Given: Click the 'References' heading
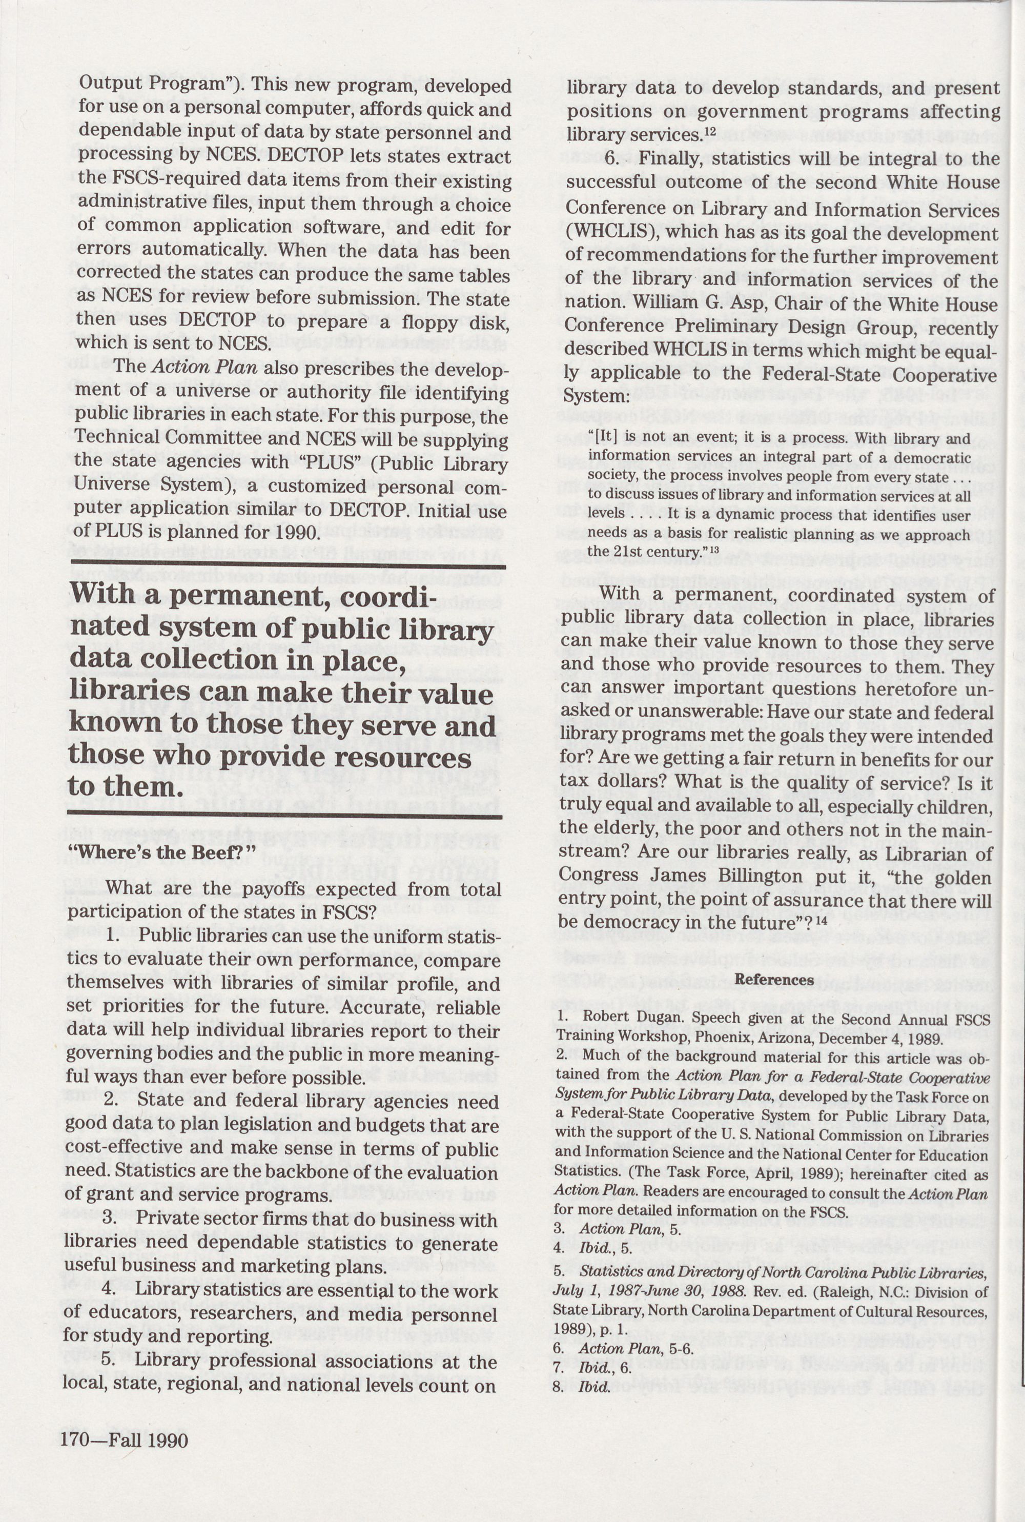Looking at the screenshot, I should pos(774,979).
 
